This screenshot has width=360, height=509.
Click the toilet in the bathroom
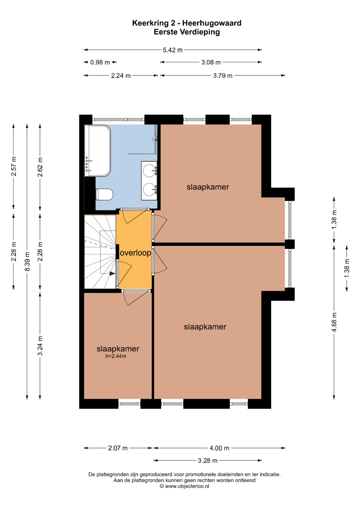click(104, 195)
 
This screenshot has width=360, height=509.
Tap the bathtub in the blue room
click(97, 150)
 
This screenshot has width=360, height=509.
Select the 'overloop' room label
click(135, 253)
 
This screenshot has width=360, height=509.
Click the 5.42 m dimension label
click(173, 50)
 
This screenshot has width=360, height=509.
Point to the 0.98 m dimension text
click(100, 62)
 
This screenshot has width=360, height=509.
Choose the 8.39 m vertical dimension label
click(27, 261)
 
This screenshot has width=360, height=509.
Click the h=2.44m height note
click(116, 356)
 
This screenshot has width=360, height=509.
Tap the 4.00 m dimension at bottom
click(219, 448)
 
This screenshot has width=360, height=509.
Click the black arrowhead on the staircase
click(112, 274)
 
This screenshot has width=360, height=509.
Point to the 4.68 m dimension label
click(334, 322)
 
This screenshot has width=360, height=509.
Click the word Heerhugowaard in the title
click(212, 23)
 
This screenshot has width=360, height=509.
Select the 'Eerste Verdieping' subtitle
click(187, 32)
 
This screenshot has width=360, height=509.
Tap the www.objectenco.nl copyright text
click(184, 486)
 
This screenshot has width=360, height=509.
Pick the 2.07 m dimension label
click(118, 448)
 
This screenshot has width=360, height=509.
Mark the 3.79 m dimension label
click(223, 76)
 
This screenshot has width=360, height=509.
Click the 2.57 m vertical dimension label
click(14, 166)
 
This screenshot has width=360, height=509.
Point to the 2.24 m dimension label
click(121, 76)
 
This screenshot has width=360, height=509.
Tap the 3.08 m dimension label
click(211, 62)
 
